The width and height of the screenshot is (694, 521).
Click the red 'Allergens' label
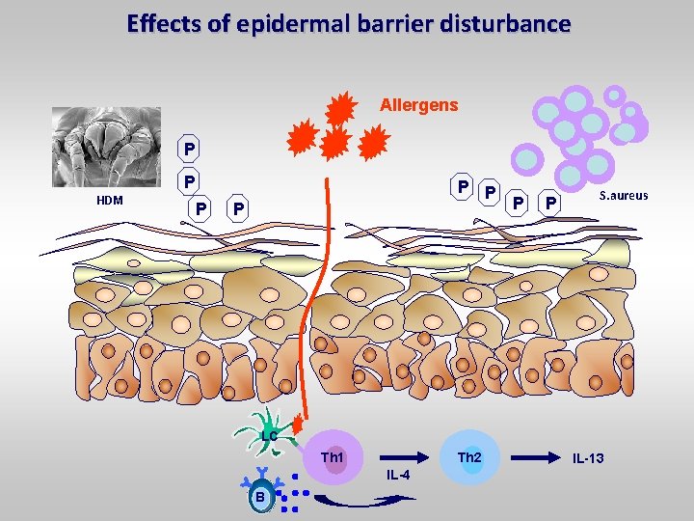click(419, 103)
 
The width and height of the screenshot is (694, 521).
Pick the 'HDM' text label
click(109, 200)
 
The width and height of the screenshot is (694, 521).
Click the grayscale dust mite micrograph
click(107, 145)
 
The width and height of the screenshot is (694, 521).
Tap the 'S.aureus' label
click(623, 196)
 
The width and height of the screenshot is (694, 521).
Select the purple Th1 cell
click(333, 456)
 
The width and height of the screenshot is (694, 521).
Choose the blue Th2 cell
click(469, 456)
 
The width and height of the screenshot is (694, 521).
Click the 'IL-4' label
click(397, 476)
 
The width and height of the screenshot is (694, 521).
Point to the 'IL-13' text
click(588, 457)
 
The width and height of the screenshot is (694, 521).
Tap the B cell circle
click(259, 496)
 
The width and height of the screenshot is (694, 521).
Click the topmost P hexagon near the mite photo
click(190, 151)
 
